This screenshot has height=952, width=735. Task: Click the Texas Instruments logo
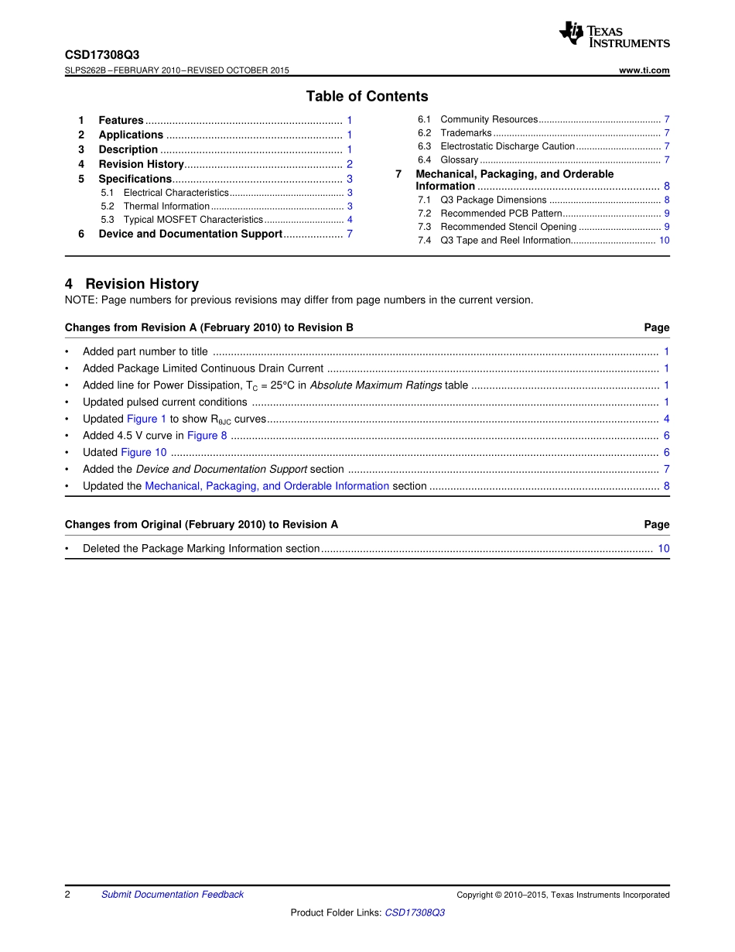[x=614, y=34]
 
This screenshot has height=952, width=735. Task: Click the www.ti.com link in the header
[x=644, y=70]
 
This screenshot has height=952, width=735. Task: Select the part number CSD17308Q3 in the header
[x=102, y=55]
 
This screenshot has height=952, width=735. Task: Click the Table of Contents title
[x=367, y=96]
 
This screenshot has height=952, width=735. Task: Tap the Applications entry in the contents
[x=131, y=135]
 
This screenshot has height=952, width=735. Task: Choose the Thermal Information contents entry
[x=166, y=207]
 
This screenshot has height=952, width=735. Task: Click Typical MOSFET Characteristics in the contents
[x=193, y=220]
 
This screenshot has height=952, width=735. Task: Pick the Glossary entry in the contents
[x=459, y=160]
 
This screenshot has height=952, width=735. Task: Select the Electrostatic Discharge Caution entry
[x=508, y=146]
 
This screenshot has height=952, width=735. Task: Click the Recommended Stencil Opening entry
[x=508, y=227]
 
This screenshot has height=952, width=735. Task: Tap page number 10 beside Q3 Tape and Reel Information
[x=664, y=241]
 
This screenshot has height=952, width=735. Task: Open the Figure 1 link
[x=146, y=419]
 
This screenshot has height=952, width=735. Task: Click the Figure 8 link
[x=207, y=436]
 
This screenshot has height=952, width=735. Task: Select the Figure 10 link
[x=144, y=453]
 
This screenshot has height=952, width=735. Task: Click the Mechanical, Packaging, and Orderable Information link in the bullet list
[x=267, y=486]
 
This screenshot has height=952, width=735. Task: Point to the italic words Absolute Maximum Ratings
[x=376, y=385]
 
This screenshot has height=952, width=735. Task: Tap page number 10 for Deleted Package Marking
[x=664, y=549]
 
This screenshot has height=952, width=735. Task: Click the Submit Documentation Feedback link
[x=172, y=895]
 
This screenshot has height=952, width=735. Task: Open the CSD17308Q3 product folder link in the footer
[x=415, y=913]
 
